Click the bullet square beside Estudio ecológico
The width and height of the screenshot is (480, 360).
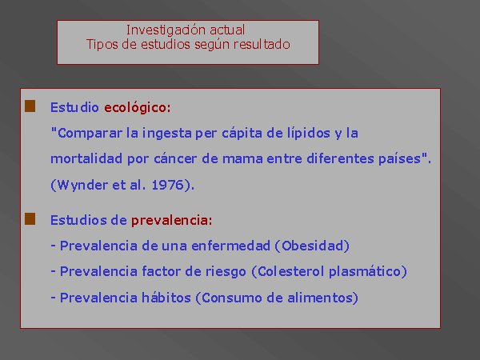[30, 106]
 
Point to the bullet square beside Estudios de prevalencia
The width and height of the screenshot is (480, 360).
[30, 219]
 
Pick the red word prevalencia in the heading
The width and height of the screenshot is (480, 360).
[170, 221]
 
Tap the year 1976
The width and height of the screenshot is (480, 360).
[167, 185]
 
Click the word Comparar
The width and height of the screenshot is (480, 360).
[90, 134]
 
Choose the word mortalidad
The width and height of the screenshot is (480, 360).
[86, 159]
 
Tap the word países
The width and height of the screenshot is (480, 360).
[399, 159]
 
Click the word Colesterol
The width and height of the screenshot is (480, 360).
[291, 271]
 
